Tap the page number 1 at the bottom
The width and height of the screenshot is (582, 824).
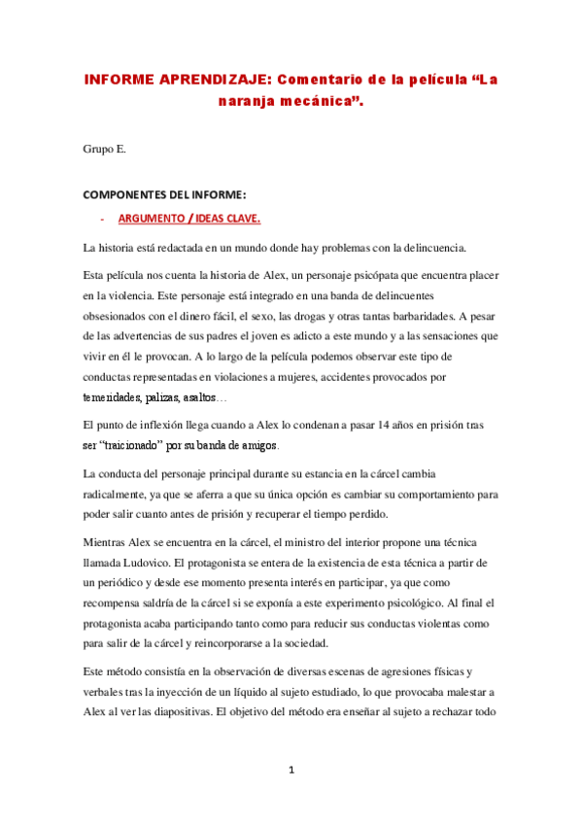tap(291, 771)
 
